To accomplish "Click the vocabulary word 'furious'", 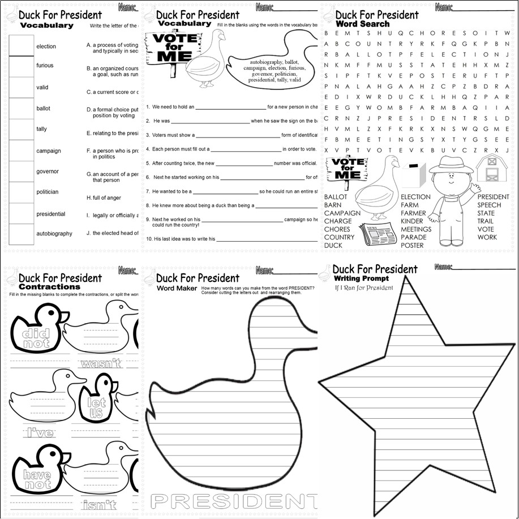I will click(45, 66).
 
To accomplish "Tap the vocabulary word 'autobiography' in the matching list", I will click(54, 233).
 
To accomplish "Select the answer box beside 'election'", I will click(22, 45).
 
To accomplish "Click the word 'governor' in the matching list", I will click(48, 171).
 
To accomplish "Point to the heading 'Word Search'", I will click(362, 24).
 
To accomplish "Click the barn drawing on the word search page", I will click(490, 168).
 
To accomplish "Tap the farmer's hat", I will click(450, 164).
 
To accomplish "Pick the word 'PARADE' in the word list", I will click(413, 237).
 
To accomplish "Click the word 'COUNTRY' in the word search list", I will click(339, 237).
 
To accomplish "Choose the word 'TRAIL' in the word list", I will click(485, 221).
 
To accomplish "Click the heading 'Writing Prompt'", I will click(361, 279).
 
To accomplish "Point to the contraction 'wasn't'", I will click(101, 363).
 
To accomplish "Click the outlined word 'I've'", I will click(40, 433).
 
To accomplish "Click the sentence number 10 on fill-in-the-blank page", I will click(149, 239).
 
